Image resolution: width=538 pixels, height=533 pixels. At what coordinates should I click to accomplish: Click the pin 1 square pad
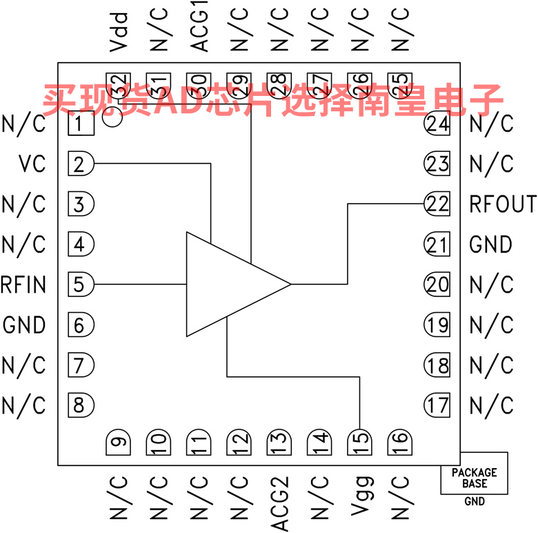pyautogui.click(x=81, y=124)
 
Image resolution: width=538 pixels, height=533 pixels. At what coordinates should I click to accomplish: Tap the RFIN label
pyautogui.click(x=23, y=284)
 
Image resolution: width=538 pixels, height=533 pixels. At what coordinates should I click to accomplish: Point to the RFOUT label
pyautogui.click(x=503, y=204)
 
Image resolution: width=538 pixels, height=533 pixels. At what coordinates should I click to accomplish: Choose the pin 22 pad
pyautogui.click(x=437, y=204)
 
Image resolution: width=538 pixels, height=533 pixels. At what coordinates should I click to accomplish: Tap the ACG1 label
pyautogui.click(x=199, y=30)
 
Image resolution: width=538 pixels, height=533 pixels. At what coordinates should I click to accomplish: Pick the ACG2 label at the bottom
pyautogui.click(x=279, y=503)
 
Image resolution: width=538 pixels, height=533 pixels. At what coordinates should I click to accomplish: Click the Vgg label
pyautogui.click(x=359, y=496)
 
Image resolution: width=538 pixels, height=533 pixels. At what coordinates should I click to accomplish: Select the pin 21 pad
pyautogui.click(x=437, y=244)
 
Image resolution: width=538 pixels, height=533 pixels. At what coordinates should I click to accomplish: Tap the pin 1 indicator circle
pyautogui.click(x=112, y=117)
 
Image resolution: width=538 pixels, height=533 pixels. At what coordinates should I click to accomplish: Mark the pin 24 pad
pyautogui.click(x=437, y=124)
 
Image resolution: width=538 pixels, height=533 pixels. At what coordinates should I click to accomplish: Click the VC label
pyautogui.click(x=32, y=164)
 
